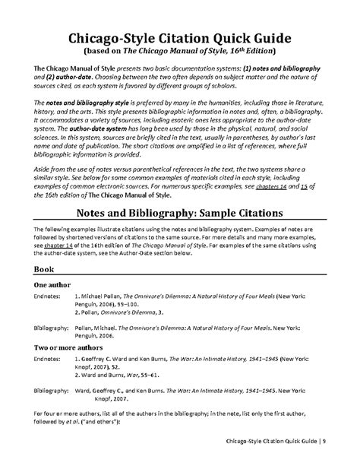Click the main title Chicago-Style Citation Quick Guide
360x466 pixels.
tap(180, 36)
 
